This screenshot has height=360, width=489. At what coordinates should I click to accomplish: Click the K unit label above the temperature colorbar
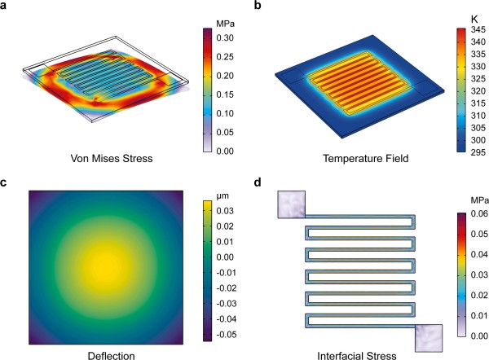pos(461,16)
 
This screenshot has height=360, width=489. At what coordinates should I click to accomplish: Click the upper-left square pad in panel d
pos(291,204)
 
